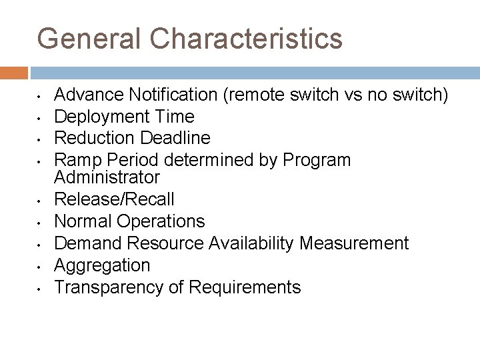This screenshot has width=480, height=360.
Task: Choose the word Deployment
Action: [x=101, y=117]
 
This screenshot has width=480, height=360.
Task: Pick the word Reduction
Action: [x=95, y=138]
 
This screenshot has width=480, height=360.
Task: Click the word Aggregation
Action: [x=102, y=265]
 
